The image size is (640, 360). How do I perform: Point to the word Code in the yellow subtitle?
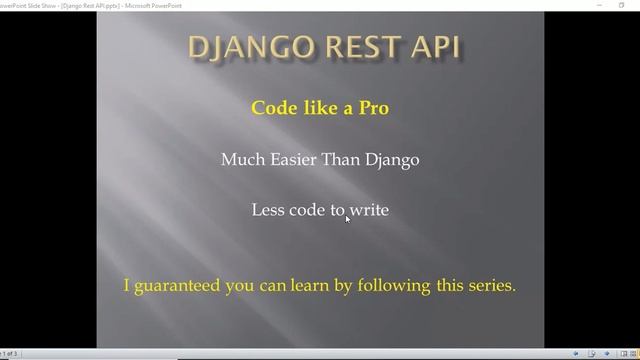click(271, 108)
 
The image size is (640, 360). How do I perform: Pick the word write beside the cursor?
click(369, 210)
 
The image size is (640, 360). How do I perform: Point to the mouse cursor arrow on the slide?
click(347, 218)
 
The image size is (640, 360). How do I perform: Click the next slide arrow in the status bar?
click(607, 353)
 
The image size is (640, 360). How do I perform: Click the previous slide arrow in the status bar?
click(576, 353)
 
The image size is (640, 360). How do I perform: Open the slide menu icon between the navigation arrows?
click(592, 353)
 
